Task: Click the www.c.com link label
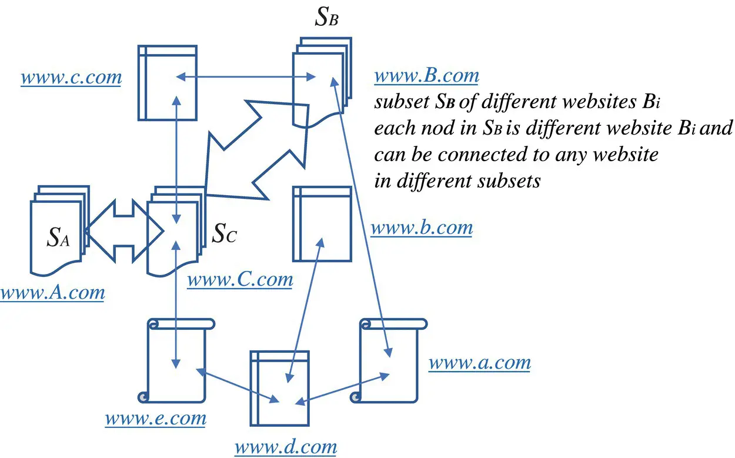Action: pos(71,77)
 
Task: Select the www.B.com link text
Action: pos(426,76)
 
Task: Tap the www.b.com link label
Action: pos(421,228)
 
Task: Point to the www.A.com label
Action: pos(52,292)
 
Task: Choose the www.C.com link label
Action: pos(240,279)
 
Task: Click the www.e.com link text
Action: pos(156,419)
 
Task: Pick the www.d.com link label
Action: pos(286,447)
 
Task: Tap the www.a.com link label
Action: pos(479,363)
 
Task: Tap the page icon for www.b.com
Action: pos(322,223)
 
